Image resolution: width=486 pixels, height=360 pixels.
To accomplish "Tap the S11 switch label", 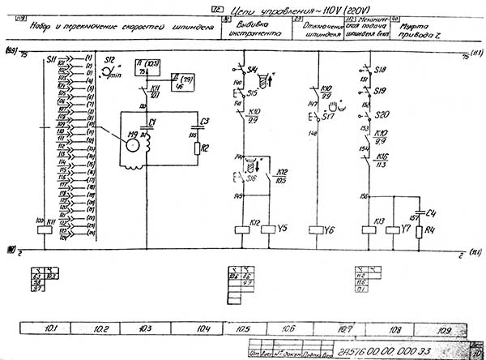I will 51,61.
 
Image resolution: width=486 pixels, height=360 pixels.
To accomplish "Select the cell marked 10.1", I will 49,329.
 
